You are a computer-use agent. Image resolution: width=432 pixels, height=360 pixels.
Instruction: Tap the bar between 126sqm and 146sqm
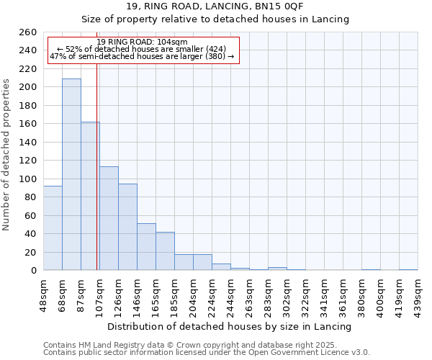[x=127, y=227]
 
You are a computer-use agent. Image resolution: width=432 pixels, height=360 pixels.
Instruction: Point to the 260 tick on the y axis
[x=29, y=32]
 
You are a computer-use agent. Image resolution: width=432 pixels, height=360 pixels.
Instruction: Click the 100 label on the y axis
[x=29, y=179]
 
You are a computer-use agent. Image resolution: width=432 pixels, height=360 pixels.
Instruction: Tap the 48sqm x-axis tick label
[x=44, y=294]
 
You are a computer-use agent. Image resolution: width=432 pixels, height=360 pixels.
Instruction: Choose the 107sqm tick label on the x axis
[x=100, y=294]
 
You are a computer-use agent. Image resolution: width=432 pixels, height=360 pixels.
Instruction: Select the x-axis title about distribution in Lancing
[x=233, y=326]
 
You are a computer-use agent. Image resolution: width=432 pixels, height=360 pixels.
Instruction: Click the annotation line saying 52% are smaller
[x=140, y=50]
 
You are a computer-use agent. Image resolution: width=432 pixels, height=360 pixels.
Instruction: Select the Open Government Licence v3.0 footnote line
[x=207, y=353]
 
